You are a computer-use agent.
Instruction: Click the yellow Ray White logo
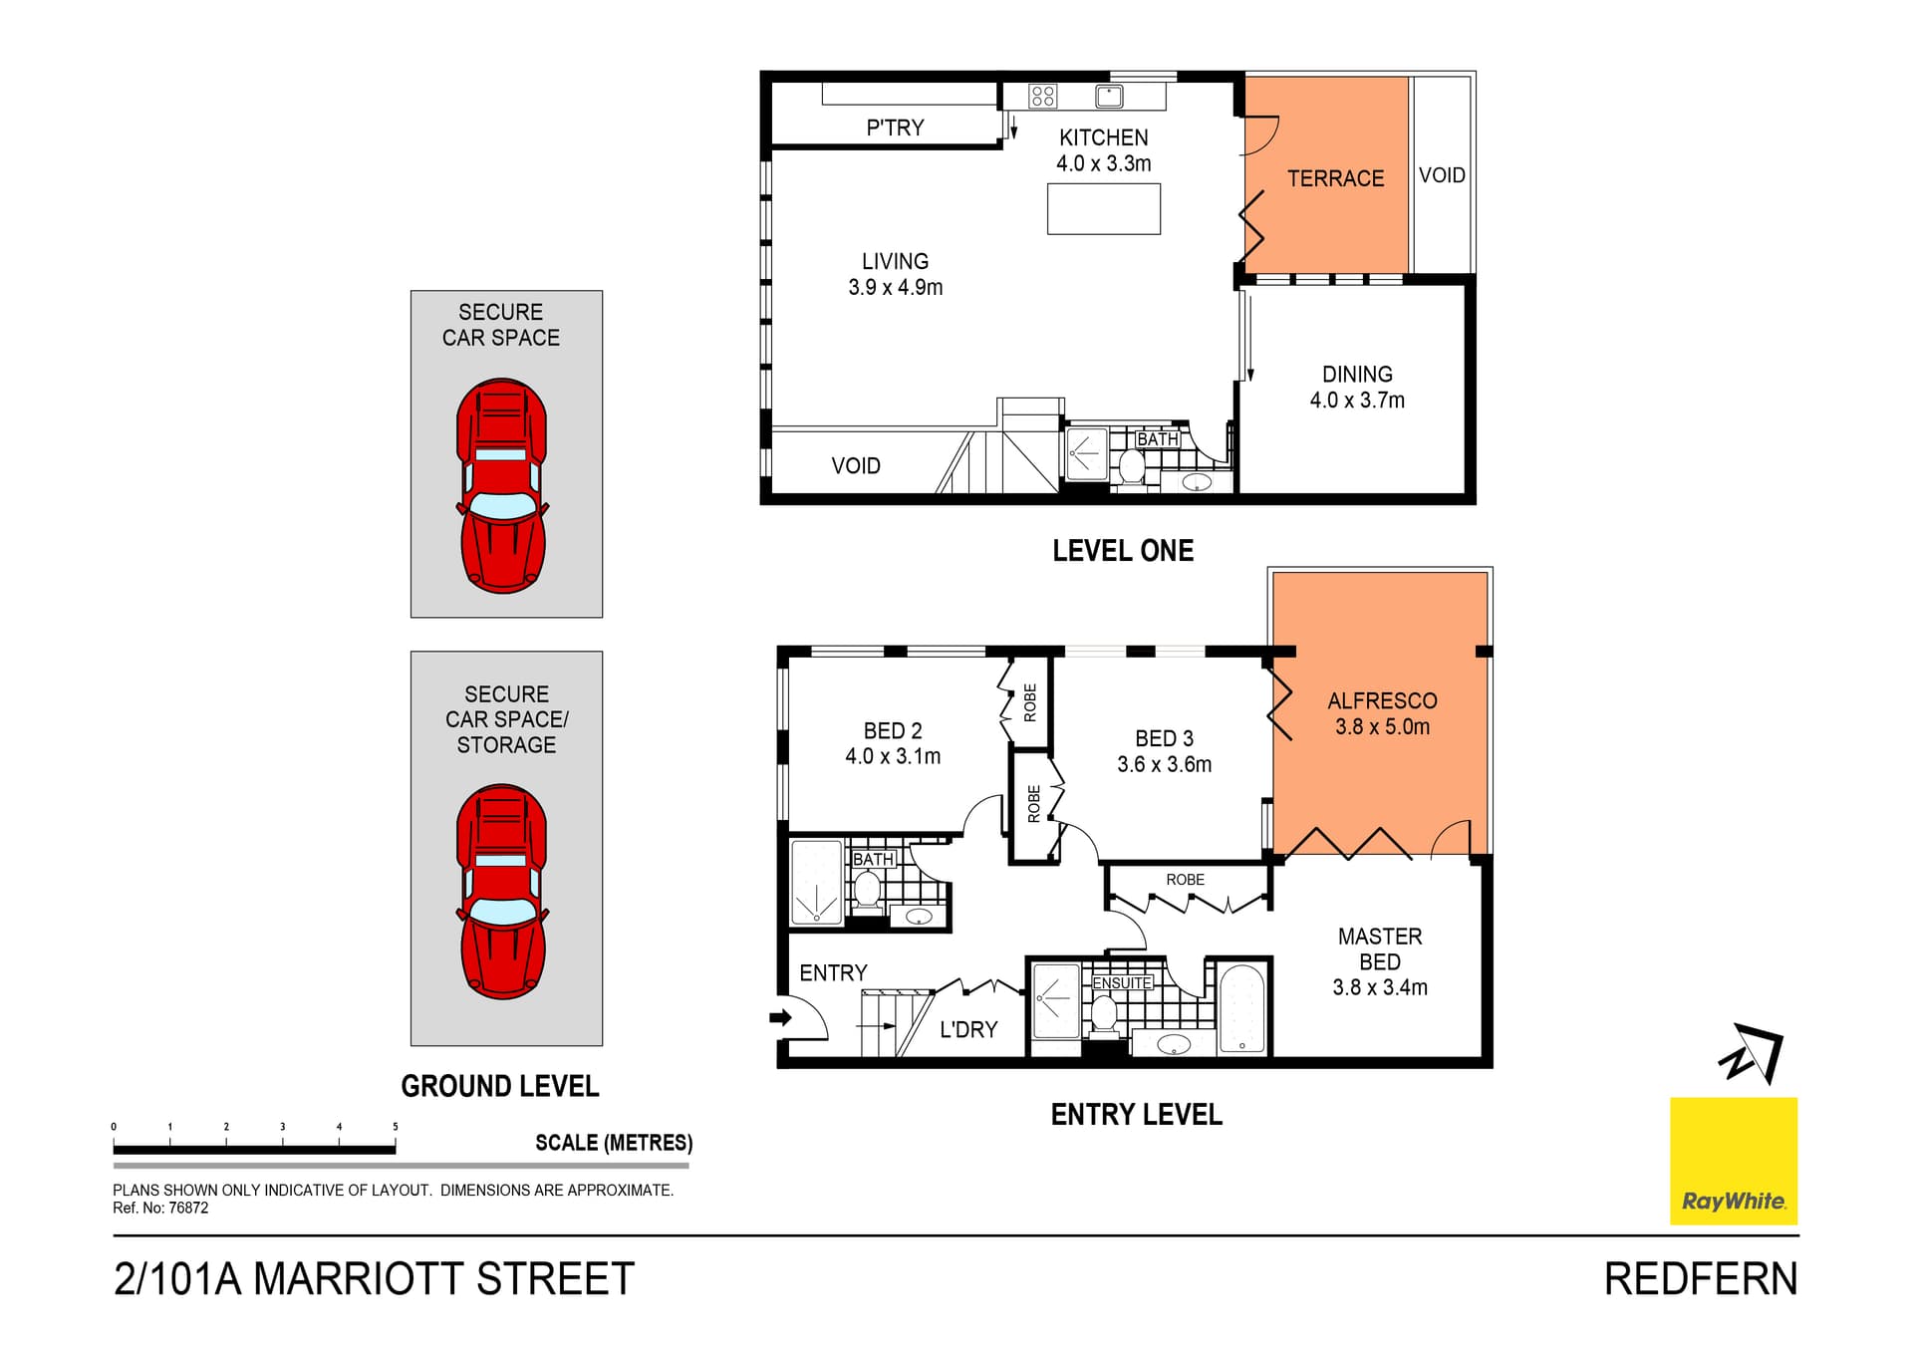[1733, 1161]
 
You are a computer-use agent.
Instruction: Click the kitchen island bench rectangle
[1104, 208]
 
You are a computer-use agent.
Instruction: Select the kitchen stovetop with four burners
[1043, 96]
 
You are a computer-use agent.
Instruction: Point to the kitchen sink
[1109, 96]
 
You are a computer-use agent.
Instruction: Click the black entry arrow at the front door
[780, 1017]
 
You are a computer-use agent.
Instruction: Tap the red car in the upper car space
[502, 485]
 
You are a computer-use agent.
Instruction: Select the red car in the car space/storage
[502, 892]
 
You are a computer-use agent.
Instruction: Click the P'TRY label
[895, 128]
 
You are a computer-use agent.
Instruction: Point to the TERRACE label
[1335, 178]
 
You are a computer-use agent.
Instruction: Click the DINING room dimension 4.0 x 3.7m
[1357, 400]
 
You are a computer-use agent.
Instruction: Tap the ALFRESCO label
[1382, 700]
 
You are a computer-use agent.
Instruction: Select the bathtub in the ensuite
[1242, 1007]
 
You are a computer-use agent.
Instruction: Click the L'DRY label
[968, 1029]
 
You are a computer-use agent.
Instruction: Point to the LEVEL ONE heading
[1123, 551]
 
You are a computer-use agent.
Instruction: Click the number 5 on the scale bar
[396, 1127]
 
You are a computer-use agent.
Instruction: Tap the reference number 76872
[188, 1208]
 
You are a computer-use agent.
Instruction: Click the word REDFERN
[1701, 1279]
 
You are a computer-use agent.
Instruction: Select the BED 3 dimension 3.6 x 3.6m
[1164, 764]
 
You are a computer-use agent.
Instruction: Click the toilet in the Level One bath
[1132, 466]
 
